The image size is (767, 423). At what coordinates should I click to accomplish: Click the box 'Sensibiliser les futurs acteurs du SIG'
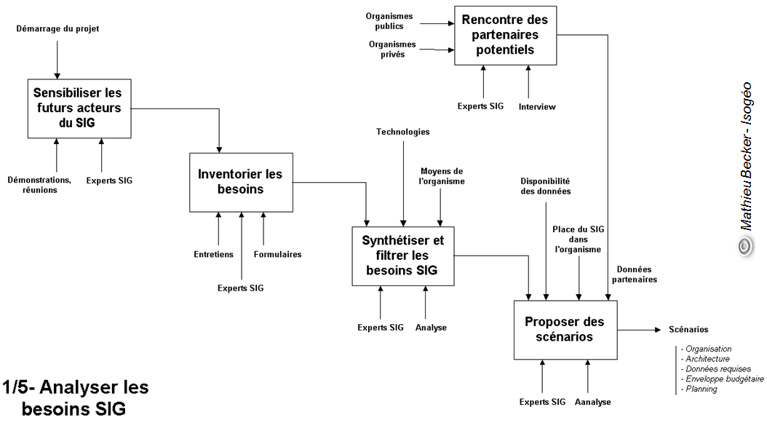79,108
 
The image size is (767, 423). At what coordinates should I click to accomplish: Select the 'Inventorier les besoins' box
241,182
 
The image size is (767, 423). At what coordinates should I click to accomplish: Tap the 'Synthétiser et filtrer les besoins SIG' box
403,256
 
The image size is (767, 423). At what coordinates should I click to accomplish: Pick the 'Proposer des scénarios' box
565,328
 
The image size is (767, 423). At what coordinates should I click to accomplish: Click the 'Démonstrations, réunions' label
39,185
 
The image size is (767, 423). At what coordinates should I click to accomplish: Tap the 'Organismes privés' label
392,49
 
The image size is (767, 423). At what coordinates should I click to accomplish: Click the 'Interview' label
537,107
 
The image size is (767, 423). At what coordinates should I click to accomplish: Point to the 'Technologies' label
402,132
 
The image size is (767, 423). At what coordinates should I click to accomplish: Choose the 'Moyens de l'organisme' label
442,176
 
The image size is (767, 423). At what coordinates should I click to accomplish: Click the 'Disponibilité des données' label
545,186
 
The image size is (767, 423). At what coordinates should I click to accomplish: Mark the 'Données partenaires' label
634,274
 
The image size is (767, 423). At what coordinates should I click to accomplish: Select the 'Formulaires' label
277,254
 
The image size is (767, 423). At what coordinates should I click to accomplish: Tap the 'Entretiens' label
214,254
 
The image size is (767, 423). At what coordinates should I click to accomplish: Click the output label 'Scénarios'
688,330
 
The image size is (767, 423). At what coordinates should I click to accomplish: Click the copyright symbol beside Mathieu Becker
745,247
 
